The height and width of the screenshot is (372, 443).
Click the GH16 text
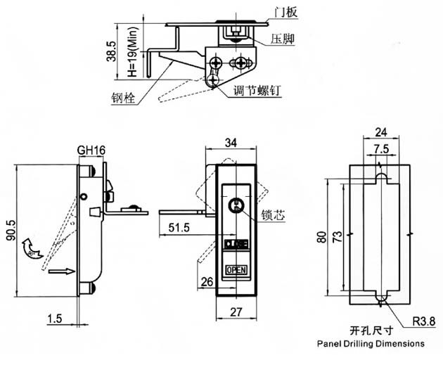(x=91, y=150)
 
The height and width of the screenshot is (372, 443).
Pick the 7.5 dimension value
(x=380, y=148)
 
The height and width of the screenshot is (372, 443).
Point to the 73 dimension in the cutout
(x=338, y=233)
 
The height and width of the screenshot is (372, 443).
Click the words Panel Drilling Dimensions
(x=371, y=345)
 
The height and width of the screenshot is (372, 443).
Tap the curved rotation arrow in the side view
(x=30, y=248)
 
